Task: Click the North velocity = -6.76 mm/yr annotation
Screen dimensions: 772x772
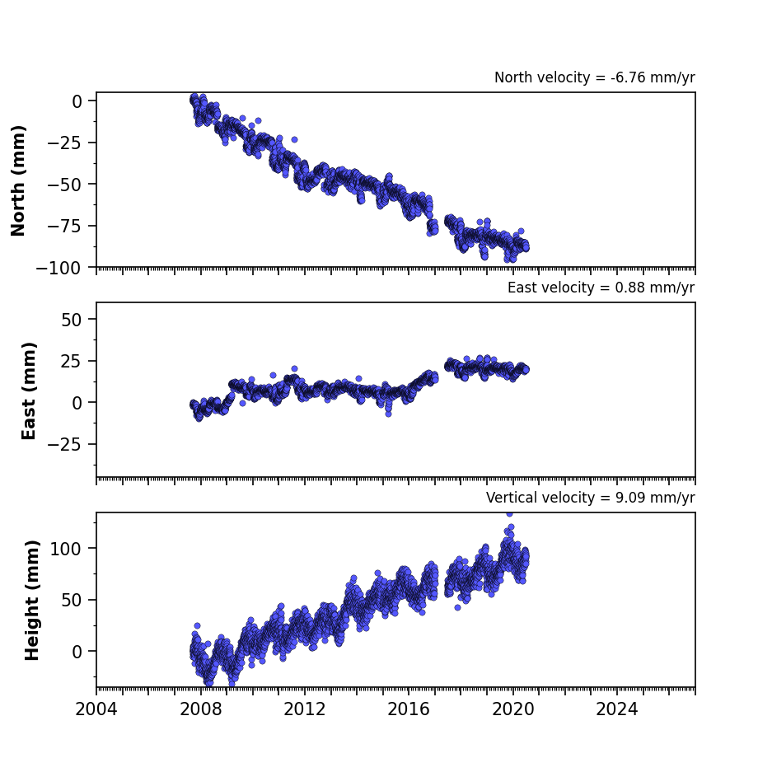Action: click(595, 77)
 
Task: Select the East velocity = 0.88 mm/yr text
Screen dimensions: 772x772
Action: click(601, 288)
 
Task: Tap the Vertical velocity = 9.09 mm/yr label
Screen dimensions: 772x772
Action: click(590, 498)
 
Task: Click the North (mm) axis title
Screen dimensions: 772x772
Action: click(18, 180)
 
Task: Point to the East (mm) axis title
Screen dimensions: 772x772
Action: click(29, 391)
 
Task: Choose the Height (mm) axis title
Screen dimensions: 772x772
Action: click(31, 600)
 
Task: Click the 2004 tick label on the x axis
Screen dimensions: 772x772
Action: click(96, 709)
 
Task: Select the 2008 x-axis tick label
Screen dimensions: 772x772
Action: click(200, 709)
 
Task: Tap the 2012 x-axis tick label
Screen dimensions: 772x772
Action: click(305, 709)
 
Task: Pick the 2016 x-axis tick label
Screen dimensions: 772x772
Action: click(409, 709)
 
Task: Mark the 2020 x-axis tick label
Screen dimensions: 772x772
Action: click(513, 709)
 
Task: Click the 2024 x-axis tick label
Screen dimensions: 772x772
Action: click(617, 709)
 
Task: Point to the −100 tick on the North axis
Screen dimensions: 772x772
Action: click(58, 269)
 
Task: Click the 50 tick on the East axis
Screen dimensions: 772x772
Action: click(72, 320)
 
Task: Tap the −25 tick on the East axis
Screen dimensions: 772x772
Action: click(64, 445)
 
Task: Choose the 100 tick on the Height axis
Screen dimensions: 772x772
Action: click(66, 549)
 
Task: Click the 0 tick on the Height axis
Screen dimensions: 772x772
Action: click(77, 652)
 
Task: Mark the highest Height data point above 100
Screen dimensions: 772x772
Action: click(509, 514)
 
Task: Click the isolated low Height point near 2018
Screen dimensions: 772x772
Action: click(457, 607)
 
